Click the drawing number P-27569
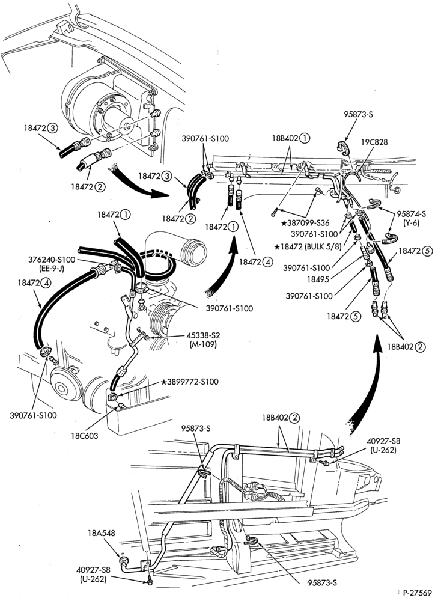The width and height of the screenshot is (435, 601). coord(418,591)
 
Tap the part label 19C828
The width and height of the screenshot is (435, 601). coord(374,142)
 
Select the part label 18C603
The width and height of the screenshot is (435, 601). coord(84,436)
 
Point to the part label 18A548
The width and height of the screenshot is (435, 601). coord(101,533)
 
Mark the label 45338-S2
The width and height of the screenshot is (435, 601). coord(203,336)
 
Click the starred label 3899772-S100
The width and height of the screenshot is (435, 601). coord(190,382)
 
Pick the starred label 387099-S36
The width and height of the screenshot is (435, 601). coord(306,223)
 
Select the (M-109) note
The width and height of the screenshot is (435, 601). coord(203,344)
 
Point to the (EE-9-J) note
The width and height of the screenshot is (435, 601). coord(51,269)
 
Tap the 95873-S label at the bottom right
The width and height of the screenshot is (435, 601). coord(322,583)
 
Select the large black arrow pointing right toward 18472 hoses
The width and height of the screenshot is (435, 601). coord(140,182)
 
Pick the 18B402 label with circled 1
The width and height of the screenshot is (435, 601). coord(291,138)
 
